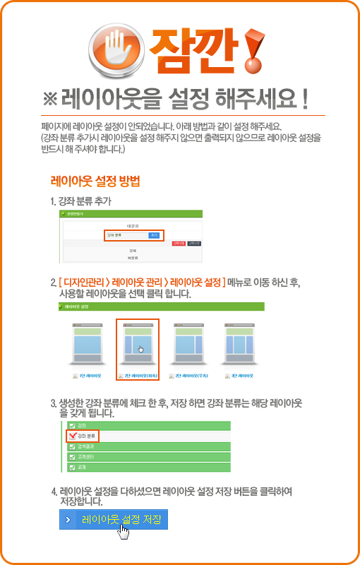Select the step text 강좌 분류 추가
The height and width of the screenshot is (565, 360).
(x=84, y=201)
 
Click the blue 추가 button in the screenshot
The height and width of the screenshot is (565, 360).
(x=154, y=234)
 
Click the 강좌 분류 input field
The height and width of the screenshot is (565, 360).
(x=126, y=234)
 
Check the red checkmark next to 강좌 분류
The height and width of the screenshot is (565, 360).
(x=72, y=436)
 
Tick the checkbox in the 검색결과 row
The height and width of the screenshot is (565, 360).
(x=72, y=446)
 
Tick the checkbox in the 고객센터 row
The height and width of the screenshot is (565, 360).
(x=72, y=457)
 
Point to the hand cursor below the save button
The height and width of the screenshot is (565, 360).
(x=124, y=530)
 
